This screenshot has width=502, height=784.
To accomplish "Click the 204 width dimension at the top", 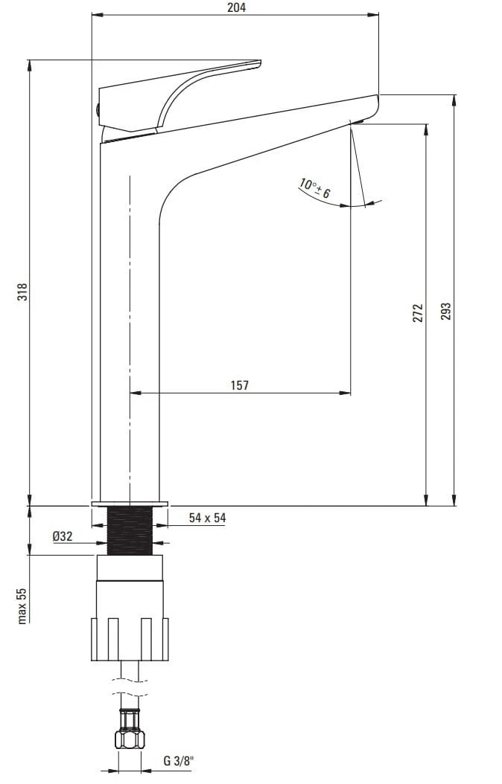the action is pos(236,7).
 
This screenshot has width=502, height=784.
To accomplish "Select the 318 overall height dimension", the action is pos(22,292).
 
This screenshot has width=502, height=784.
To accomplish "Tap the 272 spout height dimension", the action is pos(419,313).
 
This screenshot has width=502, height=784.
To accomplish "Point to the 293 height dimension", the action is pos(446,312).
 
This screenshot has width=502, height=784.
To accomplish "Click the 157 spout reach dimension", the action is pos(240,385).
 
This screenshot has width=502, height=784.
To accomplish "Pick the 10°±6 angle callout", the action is pos(315,188).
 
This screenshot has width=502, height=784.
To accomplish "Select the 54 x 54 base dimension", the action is pos(207,518).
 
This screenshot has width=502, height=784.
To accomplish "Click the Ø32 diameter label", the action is pos(63,536).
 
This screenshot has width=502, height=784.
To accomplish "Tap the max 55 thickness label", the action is pos(22,605).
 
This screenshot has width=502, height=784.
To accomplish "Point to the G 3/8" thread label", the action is pos(179,762).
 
